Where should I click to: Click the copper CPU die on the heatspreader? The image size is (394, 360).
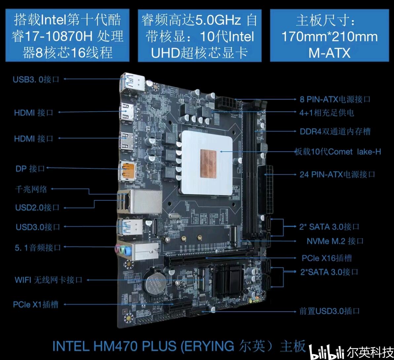click(208, 162)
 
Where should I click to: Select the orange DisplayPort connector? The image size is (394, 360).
click(129, 171)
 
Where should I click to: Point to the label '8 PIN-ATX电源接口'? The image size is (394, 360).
click(335, 99)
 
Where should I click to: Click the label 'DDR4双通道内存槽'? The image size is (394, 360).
click(335, 131)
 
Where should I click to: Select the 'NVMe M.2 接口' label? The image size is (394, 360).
click(335, 241)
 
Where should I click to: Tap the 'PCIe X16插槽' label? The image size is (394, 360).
click(327, 258)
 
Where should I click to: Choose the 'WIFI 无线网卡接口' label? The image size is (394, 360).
click(49, 280)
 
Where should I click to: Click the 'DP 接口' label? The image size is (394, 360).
click(30, 168)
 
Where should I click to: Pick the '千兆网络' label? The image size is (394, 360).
click(31, 189)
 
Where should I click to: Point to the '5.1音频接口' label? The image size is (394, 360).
click(38, 248)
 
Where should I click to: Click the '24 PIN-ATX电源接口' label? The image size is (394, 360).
click(337, 174)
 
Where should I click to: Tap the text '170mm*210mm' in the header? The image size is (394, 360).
click(330, 36)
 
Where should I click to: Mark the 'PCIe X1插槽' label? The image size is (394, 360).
click(36, 304)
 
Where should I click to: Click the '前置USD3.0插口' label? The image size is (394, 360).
click(330, 311)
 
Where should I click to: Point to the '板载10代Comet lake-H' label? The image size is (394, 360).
click(338, 152)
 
